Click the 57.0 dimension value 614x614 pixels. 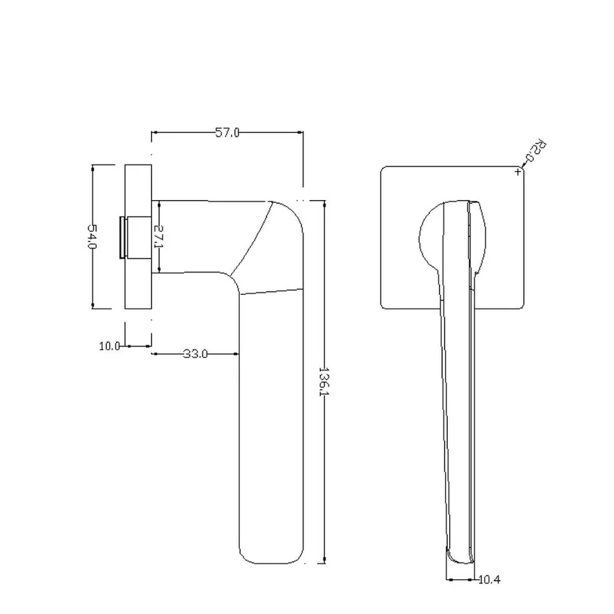click(x=227, y=133)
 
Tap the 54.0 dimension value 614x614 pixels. click(x=92, y=236)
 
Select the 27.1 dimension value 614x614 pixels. click(x=158, y=236)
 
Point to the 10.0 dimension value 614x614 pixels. click(x=110, y=346)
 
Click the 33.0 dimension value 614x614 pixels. click(x=196, y=354)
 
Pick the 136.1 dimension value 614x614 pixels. click(x=324, y=381)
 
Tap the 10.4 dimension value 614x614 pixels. click(x=489, y=579)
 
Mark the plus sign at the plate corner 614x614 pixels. click(x=518, y=171)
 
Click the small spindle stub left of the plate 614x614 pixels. click(x=122, y=238)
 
